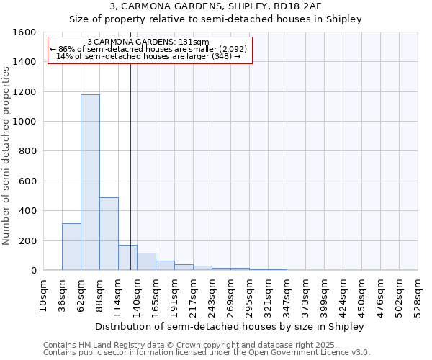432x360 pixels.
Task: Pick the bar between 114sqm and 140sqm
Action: (127, 258)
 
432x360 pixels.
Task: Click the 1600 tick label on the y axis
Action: (24, 32)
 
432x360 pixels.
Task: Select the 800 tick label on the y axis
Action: (27, 151)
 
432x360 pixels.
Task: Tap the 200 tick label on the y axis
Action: (27, 240)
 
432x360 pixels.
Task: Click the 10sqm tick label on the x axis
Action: (43, 294)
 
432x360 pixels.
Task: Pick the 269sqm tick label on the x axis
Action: (231, 294)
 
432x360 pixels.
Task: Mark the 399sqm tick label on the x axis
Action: (325, 294)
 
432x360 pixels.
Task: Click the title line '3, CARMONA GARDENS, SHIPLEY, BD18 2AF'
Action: (215, 6)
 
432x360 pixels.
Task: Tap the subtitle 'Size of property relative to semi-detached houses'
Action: (215, 19)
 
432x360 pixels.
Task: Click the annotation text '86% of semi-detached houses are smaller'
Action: (149, 49)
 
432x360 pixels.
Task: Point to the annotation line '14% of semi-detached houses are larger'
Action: (149, 56)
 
